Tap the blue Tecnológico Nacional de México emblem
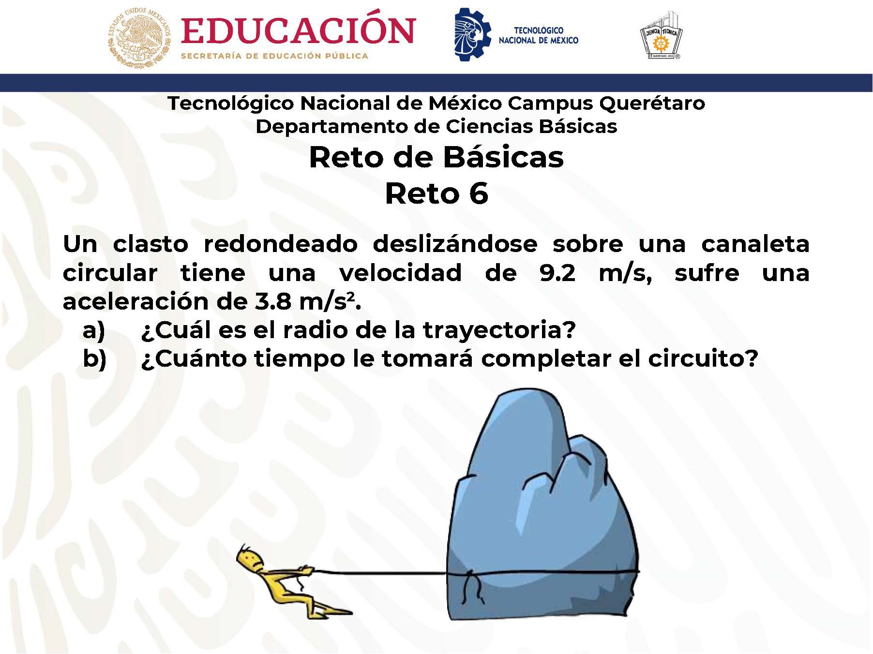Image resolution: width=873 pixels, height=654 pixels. tap(472, 34)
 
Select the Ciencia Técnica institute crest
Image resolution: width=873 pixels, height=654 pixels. tap(661, 36)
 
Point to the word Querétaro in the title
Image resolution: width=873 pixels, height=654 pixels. tap(652, 104)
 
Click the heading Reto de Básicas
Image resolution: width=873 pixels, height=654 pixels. tap(436, 157)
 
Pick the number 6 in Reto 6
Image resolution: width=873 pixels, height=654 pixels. tap(479, 193)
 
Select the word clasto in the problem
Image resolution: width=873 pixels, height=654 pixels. tap(151, 243)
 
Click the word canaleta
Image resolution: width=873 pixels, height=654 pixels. tap(755, 243)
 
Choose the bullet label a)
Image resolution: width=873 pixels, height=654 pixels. tap(94, 330)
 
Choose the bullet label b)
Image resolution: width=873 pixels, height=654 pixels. tap(95, 359)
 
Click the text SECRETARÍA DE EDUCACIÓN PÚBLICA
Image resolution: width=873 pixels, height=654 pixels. tap(274, 56)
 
